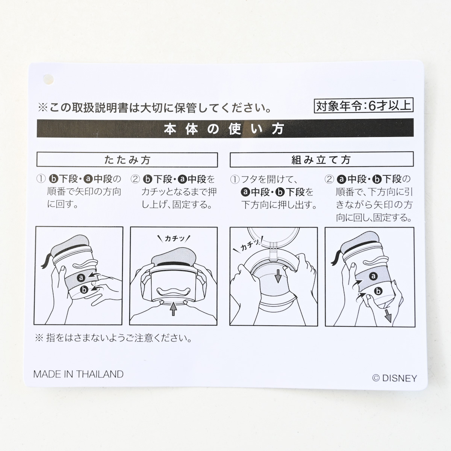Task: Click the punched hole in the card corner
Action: (x=48, y=79)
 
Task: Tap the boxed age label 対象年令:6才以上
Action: (x=363, y=106)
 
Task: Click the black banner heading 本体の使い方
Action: (x=225, y=129)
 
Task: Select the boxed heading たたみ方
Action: (x=127, y=160)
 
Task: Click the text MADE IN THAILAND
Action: (x=79, y=374)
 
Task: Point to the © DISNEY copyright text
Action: (x=395, y=378)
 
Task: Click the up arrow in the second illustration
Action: (x=173, y=309)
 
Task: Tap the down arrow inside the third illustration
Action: (x=278, y=276)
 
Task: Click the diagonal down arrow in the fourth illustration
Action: (x=388, y=315)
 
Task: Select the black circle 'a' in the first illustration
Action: (x=81, y=278)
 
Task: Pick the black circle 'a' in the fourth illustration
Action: (x=373, y=276)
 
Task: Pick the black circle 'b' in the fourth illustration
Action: (x=378, y=291)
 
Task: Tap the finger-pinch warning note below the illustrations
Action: (x=114, y=338)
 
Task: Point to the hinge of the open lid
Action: (x=274, y=251)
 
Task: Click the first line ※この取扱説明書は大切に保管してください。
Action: (x=155, y=108)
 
